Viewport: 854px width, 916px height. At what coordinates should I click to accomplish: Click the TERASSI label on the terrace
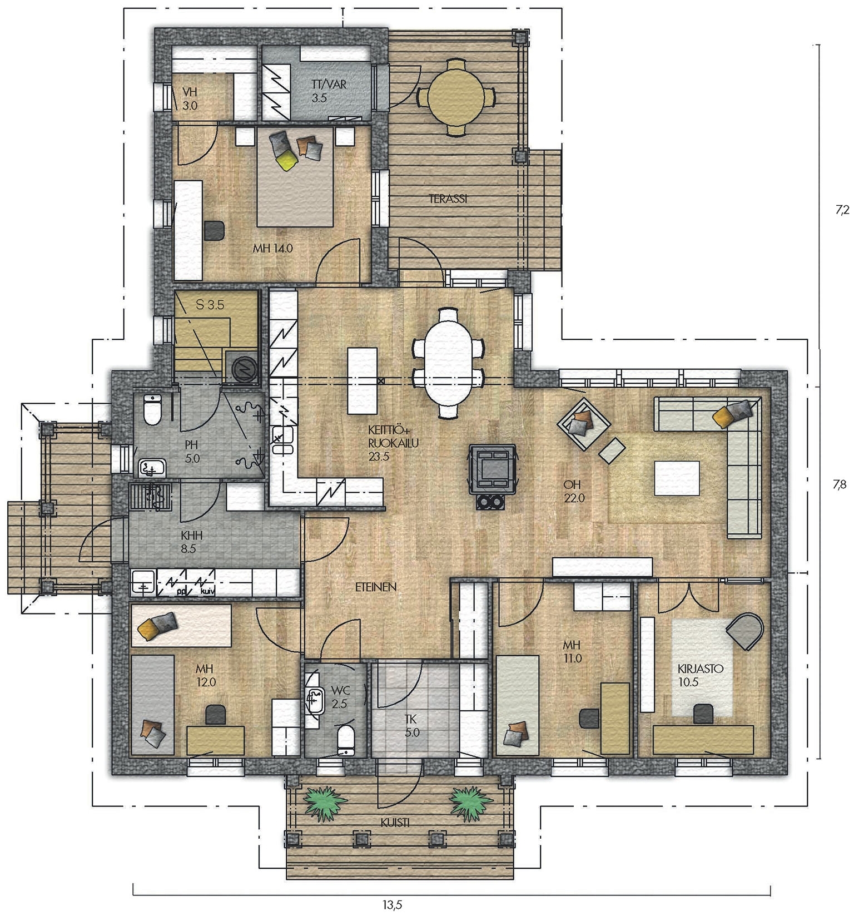pos(448,198)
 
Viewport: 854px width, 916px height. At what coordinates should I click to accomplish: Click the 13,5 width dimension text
pos(392,905)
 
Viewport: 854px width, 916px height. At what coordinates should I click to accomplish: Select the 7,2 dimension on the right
pos(842,210)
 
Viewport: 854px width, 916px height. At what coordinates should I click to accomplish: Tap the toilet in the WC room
pos(346,739)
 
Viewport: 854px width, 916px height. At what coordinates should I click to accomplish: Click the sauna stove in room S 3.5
pos(243,368)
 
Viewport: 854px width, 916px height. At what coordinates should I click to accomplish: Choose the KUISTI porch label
pos(395,822)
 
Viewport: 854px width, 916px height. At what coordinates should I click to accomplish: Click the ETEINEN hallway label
pos(376,587)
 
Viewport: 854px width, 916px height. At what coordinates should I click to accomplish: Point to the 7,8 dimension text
pos(840,484)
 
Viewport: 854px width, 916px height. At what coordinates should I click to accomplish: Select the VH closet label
pos(190,98)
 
